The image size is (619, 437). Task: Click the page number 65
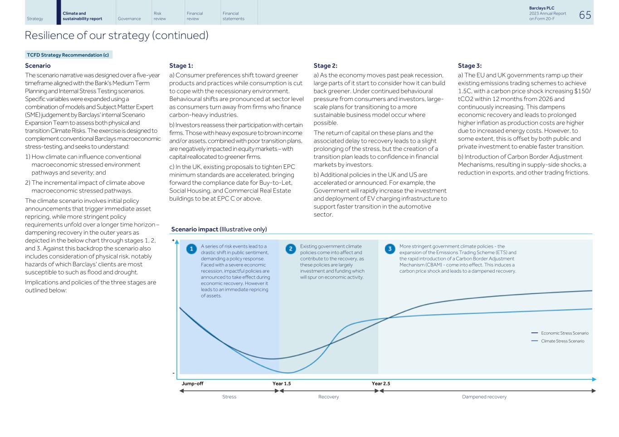point(585,15)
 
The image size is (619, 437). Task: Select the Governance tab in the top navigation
point(129,19)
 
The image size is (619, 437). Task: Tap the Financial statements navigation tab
point(233,16)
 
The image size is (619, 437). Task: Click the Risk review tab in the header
point(160,16)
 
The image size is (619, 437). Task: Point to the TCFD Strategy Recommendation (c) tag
point(68,55)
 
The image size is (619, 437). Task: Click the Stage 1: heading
point(181,66)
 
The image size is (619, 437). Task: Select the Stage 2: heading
point(325,66)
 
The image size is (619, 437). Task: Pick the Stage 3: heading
point(469,66)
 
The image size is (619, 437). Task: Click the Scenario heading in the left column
point(38,66)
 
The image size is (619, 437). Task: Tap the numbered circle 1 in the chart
point(191,249)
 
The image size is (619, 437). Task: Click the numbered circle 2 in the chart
point(291,249)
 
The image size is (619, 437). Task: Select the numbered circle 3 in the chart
point(390,249)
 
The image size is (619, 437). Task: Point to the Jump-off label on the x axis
point(192,384)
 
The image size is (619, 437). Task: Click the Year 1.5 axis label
point(282,384)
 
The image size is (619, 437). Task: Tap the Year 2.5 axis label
point(381,384)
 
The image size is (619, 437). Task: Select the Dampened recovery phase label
point(484,397)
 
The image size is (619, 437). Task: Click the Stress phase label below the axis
point(229,397)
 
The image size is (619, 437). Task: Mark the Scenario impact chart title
point(219,229)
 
